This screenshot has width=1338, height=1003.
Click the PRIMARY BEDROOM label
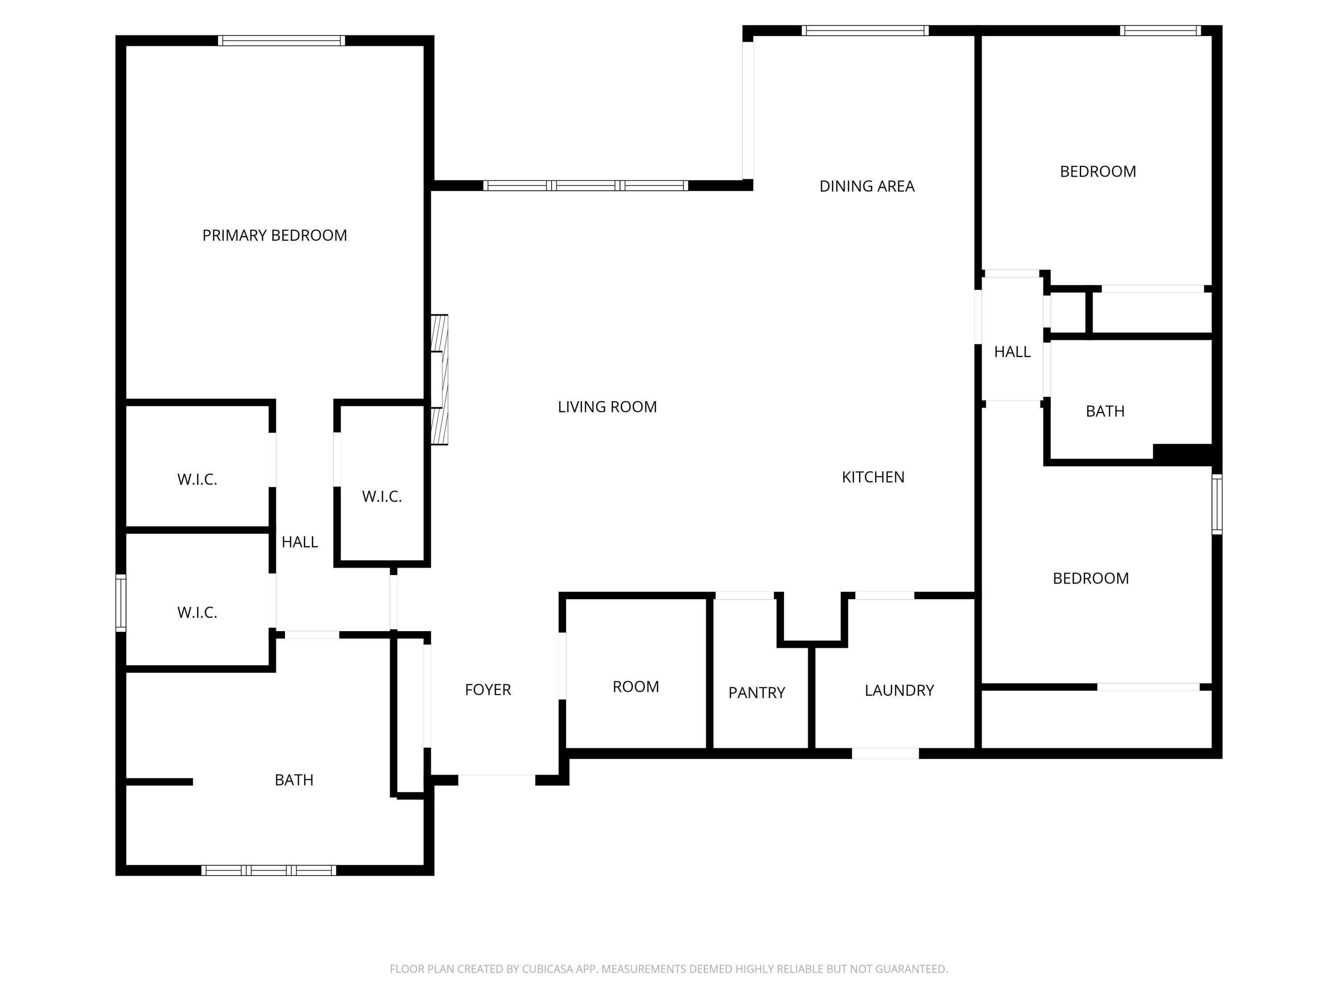click(275, 235)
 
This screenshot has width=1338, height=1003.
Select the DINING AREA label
click(866, 186)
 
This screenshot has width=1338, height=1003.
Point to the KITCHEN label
click(873, 477)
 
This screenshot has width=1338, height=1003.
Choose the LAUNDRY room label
click(899, 690)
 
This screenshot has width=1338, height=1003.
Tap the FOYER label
click(487, 689)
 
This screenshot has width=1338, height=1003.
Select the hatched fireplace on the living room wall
click(440, 380)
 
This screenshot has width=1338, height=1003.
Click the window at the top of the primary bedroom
click(281, 41)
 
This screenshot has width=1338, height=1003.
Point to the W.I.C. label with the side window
click(197, 612)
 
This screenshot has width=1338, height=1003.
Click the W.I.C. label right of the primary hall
click(382, 496)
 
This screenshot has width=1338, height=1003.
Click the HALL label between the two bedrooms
click(1012, 352)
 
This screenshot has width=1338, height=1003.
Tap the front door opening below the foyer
click(496, 780)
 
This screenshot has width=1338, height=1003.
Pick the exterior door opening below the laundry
click(885, 753)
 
